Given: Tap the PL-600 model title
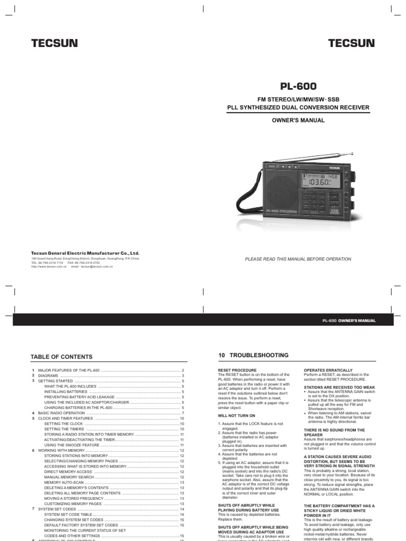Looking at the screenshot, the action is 299,86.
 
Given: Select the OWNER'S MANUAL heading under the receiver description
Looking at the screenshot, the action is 299,120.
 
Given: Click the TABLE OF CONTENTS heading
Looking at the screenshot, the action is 61,357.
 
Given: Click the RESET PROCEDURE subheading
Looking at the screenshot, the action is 237,370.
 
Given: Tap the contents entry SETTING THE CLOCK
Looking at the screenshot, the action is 63,424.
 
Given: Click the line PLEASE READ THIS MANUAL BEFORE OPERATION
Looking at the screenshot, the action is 298,259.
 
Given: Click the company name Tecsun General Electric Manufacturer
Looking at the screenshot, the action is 85,254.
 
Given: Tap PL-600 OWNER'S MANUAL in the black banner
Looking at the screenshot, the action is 348,321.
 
